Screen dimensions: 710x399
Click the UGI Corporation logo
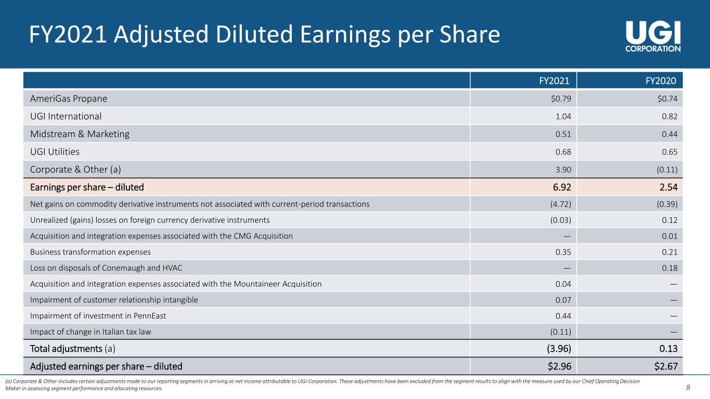coord(653,36)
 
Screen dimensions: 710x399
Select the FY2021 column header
coord(554,81)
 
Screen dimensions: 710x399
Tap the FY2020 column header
coord(661,81)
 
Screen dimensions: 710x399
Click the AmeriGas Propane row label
coord(69,99)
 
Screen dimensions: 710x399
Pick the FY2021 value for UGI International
coord(563,116)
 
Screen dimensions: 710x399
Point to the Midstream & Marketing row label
coord(80,134)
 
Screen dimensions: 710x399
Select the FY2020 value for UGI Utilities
coord(669,152)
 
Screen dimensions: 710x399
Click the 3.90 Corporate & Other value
coord(563,169)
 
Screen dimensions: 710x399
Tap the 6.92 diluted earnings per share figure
coord(562,187)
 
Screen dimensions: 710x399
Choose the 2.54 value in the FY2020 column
coord(668,187)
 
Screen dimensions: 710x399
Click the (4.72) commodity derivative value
coord(561,204)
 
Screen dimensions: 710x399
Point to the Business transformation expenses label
coord(91,252)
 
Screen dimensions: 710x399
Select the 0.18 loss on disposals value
coord(669,268)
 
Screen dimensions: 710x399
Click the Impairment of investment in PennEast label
coord(98,316)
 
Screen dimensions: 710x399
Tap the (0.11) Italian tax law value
coord(561,331)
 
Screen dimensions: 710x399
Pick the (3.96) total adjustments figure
coord(559,349)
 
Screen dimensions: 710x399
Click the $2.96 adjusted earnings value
coord(560,366)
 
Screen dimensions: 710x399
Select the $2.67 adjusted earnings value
coord(666,366)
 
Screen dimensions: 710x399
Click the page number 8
coord(688,387)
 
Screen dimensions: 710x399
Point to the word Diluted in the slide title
coord(254,34)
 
